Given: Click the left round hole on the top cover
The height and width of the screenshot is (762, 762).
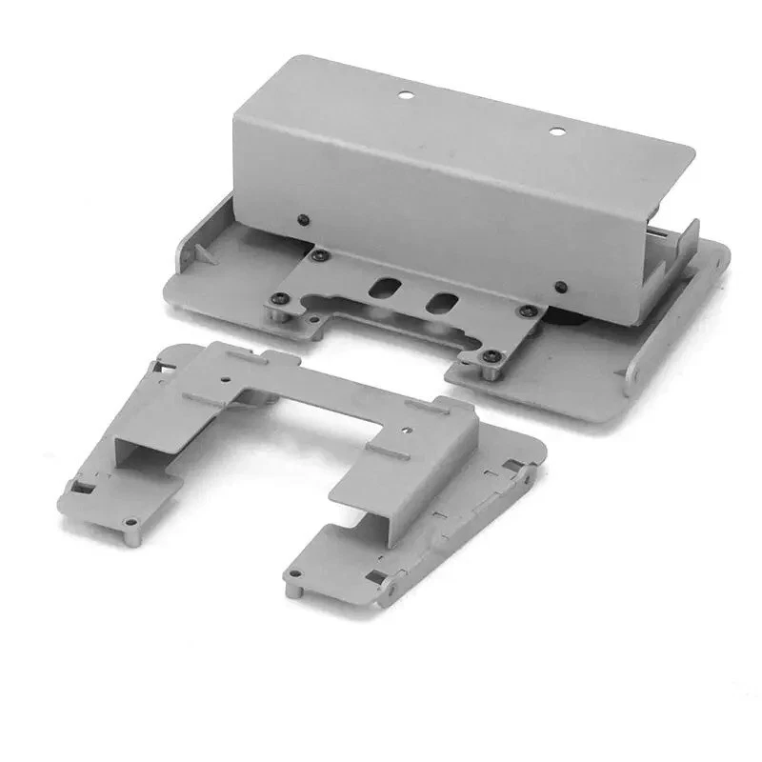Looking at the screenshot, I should coord(404,94).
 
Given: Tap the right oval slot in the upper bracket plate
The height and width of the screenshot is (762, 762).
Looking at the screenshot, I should coord(440,303).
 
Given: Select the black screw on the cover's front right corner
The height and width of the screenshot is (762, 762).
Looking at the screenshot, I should coord(562,287).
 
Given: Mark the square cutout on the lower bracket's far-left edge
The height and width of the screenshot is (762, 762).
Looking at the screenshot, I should coord(79,488).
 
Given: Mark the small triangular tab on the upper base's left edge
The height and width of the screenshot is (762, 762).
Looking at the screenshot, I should coord(203,252).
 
